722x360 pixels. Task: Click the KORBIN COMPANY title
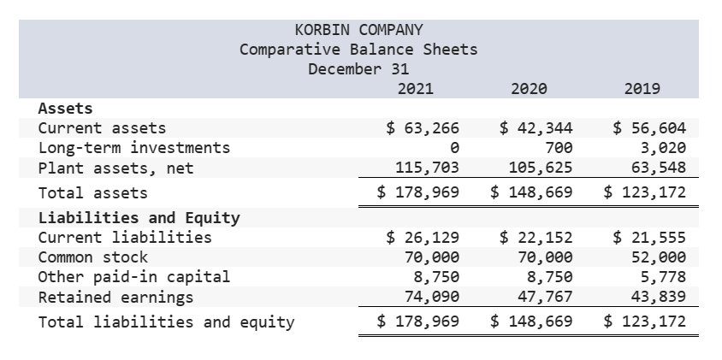click(x=358, y=30)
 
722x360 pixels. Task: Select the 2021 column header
click(x=416, y=88)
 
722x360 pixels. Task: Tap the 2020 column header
click(x=529, y=88)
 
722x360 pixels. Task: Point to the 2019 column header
click(x=642, y=88)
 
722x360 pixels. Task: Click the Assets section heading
click(x=66, y=109)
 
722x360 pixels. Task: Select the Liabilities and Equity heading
click(x=139, y=217)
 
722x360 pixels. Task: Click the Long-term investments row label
click(x=134, y=148)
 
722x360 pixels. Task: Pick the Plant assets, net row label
click(x=116, y=168)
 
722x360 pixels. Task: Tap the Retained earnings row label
click(x=115, y=298)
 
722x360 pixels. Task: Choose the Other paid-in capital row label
click(x=134, y=277)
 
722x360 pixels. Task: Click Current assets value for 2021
click(x=423, y=128)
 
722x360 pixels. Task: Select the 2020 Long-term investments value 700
click(x=559, y=148)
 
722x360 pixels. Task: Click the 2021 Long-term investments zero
click(x=454, y=148)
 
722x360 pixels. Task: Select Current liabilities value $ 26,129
click(x=423, y=237)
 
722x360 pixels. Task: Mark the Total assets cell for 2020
click(x=531, y=192)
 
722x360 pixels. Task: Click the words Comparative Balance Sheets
click(x=358, y=49)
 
